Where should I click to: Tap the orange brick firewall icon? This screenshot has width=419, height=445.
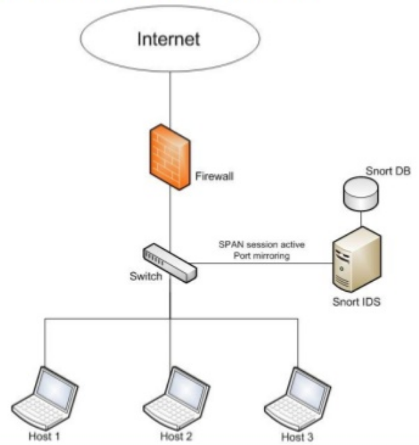pyautogui.click(x=168, y=155)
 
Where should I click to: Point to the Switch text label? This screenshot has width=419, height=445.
pyautogui.click(x=145, y=276)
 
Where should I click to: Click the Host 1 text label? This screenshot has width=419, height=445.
pyautogui.click(x=44, y=436)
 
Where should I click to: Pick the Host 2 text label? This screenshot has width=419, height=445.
pyautogui.click(x=174, y=436)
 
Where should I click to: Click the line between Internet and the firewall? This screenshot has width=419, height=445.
pyautogui.click(x=170, y=99)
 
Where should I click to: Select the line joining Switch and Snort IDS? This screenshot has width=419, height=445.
pyautogui.click(x=263, y=263)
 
